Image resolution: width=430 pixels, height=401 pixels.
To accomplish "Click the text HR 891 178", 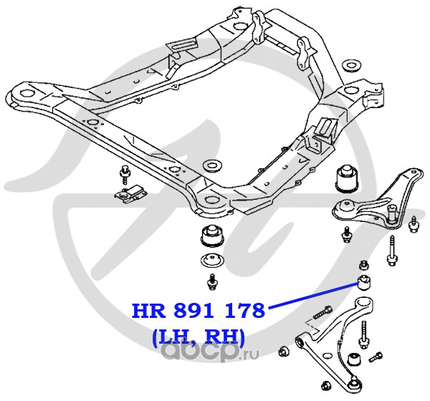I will pos(198,311).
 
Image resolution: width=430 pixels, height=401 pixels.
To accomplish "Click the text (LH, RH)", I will pos(198,335).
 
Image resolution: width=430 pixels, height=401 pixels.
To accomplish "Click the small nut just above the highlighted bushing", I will pos(364,262).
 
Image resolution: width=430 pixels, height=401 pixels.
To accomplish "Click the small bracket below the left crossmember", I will pos(128,194).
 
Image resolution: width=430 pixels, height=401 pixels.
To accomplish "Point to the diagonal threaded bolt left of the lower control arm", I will pos(322,314).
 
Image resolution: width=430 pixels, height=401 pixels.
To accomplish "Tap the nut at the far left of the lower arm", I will pos(284,351).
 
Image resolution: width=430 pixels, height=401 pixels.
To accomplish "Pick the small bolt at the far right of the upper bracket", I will pos(414,227).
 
